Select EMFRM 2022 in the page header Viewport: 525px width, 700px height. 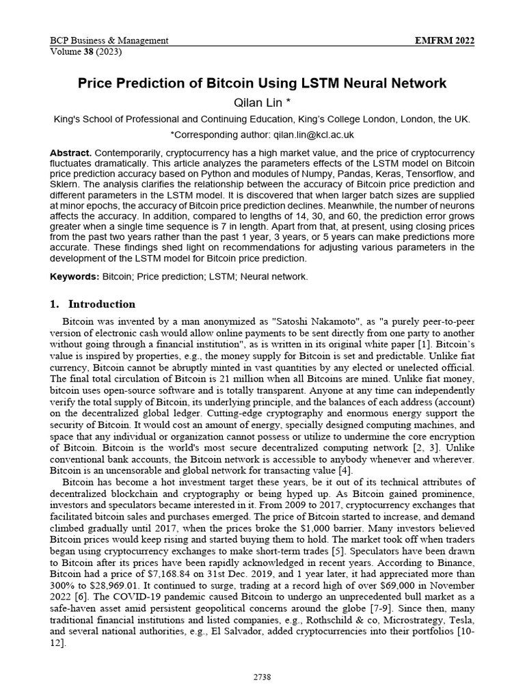[x=445, y=40]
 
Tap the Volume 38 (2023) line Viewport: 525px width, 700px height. [x=81, y=51]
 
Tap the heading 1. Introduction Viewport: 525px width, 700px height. [x=93, y=304]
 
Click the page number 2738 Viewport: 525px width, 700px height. [x=262, y=677]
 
